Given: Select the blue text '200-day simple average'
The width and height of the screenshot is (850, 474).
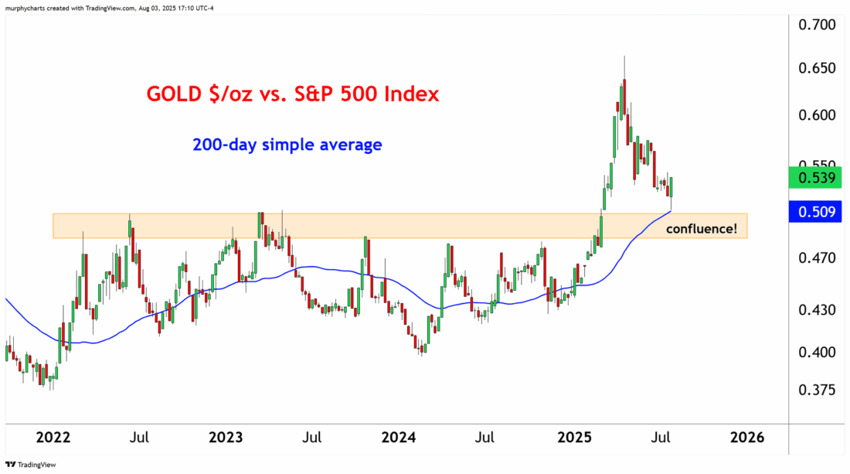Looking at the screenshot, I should [287, 145].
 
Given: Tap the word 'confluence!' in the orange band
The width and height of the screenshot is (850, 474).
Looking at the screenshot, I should [702, 229].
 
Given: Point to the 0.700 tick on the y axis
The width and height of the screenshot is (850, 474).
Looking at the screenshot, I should [817, 25].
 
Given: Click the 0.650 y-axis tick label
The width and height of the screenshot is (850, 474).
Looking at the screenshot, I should [817, 68].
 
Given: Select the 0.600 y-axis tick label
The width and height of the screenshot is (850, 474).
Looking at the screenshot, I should [817, 115].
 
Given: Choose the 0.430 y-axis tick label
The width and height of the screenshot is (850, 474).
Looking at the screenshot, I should [817, 310].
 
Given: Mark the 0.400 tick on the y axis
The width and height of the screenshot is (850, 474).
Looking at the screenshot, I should [817, 352].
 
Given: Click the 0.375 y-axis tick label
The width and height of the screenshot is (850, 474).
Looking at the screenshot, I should [817, 390].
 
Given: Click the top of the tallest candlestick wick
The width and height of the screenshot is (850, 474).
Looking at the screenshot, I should [624, 57].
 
